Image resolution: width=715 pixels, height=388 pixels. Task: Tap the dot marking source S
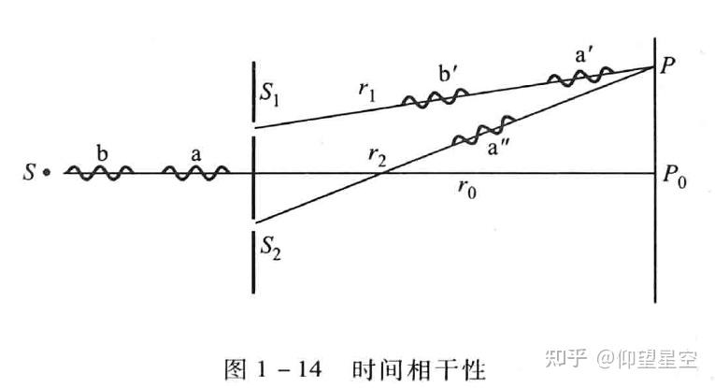[x=46, y=173]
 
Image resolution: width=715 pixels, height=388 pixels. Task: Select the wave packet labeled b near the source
[x=98, y=172]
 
